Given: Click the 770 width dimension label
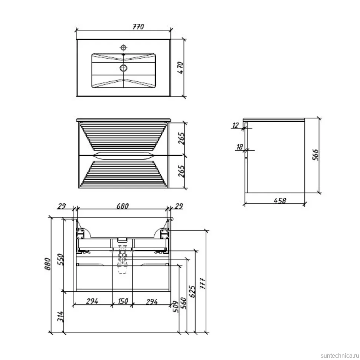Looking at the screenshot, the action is (138, 27).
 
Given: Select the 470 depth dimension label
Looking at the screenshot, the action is (181, 68).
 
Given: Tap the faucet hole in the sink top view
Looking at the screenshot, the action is (124, 48).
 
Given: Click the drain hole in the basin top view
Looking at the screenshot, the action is (124, 68).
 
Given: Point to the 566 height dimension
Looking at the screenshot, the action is (316, 155).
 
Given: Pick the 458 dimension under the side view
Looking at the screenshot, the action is (280, 200).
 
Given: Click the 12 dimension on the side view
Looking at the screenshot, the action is (236, 125).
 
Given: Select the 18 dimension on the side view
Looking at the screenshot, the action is (240, 147).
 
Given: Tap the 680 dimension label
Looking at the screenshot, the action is (122, 206).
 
